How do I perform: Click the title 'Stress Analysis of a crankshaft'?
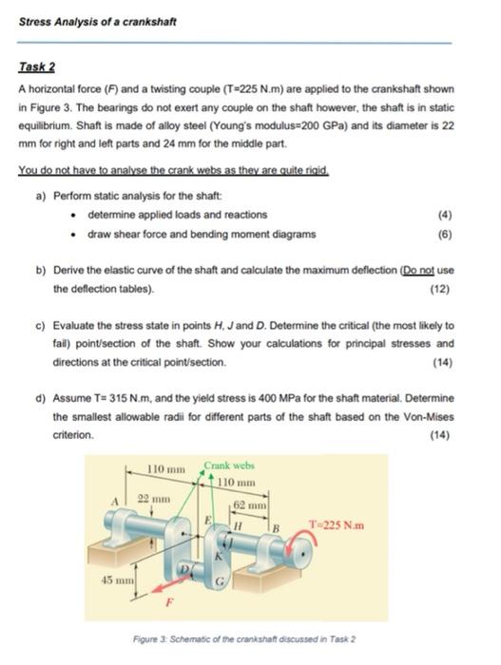click(x=84, y=21)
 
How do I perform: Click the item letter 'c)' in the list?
click(x=41, y=326)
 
